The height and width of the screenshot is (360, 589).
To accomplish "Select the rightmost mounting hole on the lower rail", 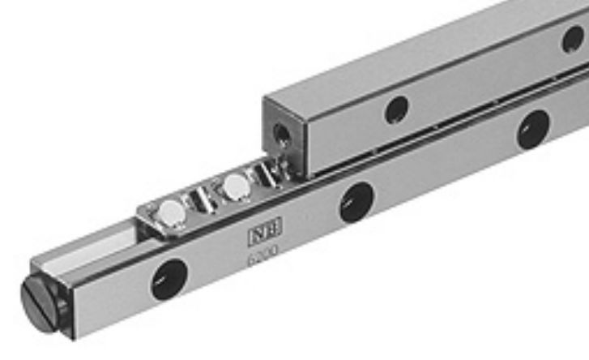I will click(x=533, y=129).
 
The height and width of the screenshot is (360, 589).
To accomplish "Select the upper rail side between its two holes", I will click(x=478, y=81).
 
